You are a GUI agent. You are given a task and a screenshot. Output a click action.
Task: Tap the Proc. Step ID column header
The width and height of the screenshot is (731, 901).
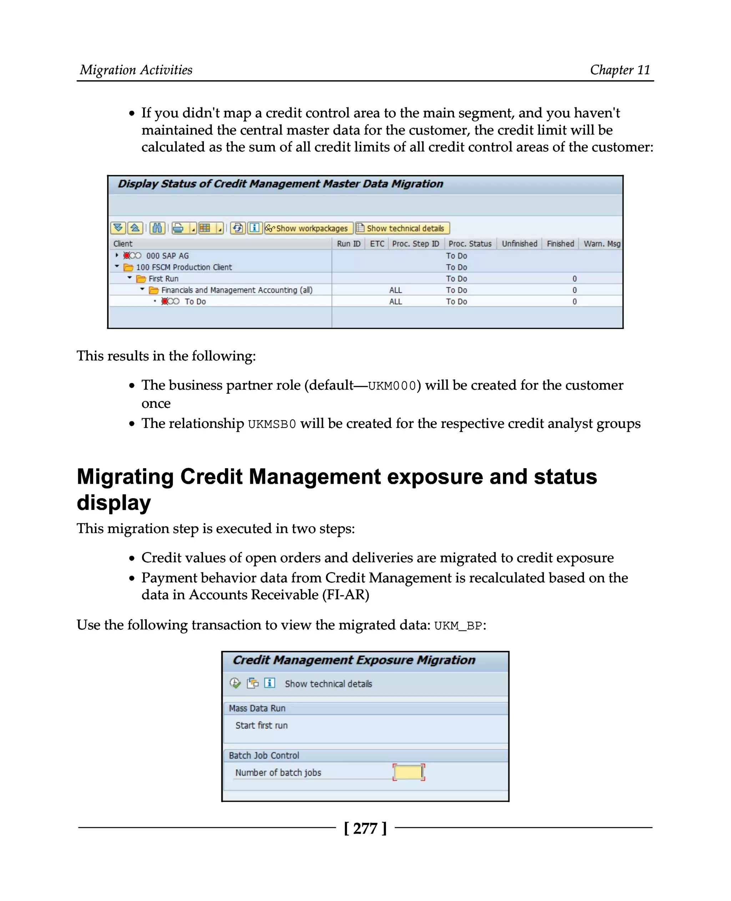(x=415, y=244)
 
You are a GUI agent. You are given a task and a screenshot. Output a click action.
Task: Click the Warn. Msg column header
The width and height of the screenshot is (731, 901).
(x=601, y=244)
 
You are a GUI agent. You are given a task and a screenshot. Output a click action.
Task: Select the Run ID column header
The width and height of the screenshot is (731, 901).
(x=348, y=244)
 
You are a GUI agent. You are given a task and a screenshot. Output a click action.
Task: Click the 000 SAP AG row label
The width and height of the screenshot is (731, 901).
(x=167, y=256)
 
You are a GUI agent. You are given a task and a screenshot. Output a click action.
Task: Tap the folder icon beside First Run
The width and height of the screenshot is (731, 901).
(x=141, y=279)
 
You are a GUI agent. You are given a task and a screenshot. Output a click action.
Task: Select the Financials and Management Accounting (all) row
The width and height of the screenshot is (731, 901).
(x=236, y=290)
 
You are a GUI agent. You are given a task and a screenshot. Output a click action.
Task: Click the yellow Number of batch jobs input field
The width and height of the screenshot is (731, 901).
(x=408, y=772)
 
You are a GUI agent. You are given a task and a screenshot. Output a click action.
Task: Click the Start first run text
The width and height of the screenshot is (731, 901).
(x=261, y=725)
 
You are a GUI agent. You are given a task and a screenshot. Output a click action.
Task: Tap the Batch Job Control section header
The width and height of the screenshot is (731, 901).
(x=264, y=755)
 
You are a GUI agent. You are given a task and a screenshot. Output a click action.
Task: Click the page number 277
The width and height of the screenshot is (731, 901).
(x=365, y=828)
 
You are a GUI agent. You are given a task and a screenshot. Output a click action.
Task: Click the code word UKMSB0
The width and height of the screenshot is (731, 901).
(x=272, y=424)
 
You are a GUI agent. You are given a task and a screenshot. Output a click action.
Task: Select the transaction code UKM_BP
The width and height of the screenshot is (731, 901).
(x=458, y=626)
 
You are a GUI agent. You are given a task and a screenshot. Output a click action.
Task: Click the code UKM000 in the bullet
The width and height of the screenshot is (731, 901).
(x=392, y=386)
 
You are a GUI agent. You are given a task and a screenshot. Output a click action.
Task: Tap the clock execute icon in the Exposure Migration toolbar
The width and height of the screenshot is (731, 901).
(x=235, y=683)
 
